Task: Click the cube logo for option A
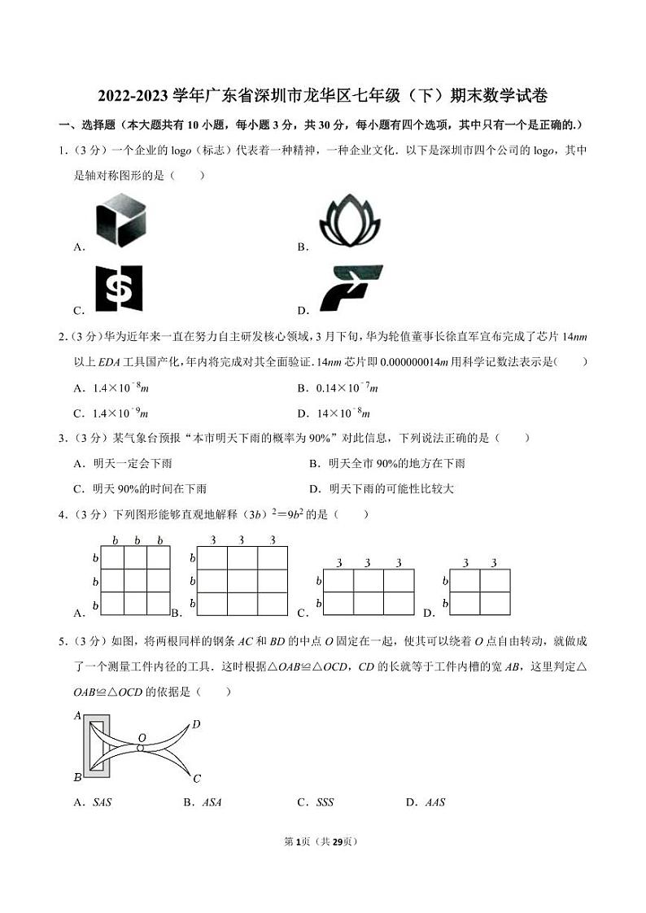(120, 220)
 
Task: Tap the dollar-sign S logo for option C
(119, 289)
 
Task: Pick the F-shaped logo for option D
(350, 289)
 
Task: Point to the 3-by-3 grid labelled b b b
(135, 580)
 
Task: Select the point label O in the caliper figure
(142, 737)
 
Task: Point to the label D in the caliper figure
(196, 723)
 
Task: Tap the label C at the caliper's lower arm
(197, 779)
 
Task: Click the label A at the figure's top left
(77, 715)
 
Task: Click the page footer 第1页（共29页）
(323, 841)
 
